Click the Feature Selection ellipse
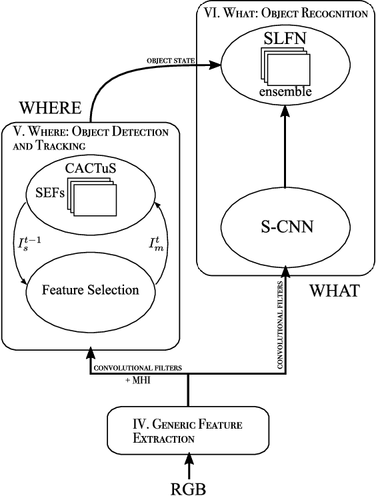(x=90, y=290)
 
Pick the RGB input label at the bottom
(x=190, y=487)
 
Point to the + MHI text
(x=141, y=379)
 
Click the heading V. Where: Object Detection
(x=87, y=132)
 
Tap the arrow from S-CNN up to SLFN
(x=285, y=156)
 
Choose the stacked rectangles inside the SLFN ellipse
(x=286, y=68)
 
